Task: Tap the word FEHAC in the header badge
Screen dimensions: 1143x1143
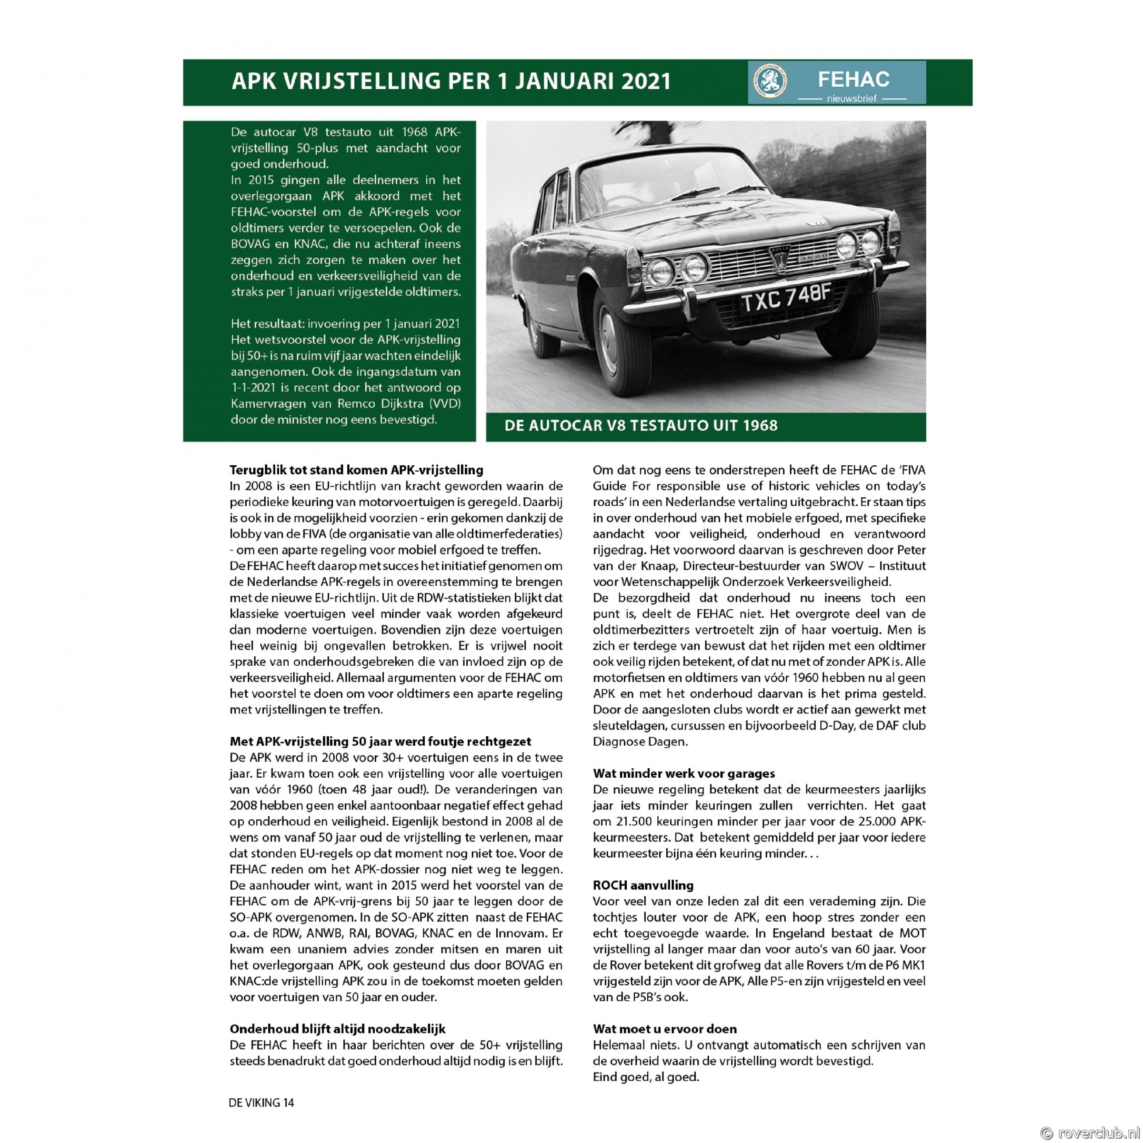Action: pos(853,79)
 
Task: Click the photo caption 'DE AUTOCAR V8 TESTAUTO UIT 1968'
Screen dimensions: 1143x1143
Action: pos(641,425)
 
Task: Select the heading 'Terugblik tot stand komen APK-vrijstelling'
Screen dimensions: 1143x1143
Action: pos(356,471)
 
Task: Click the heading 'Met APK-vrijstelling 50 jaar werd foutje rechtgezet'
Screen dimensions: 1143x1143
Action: pos(380,742)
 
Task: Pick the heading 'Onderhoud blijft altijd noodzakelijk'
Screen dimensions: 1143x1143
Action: pos(337,1029)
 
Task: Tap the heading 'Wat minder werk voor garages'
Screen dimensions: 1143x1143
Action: pos(683,774)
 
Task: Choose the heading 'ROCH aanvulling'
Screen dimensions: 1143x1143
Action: pos(642,886)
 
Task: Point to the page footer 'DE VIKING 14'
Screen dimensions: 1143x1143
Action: pos(261,1102)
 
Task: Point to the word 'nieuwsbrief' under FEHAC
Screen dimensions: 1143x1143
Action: pos(852,98)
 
